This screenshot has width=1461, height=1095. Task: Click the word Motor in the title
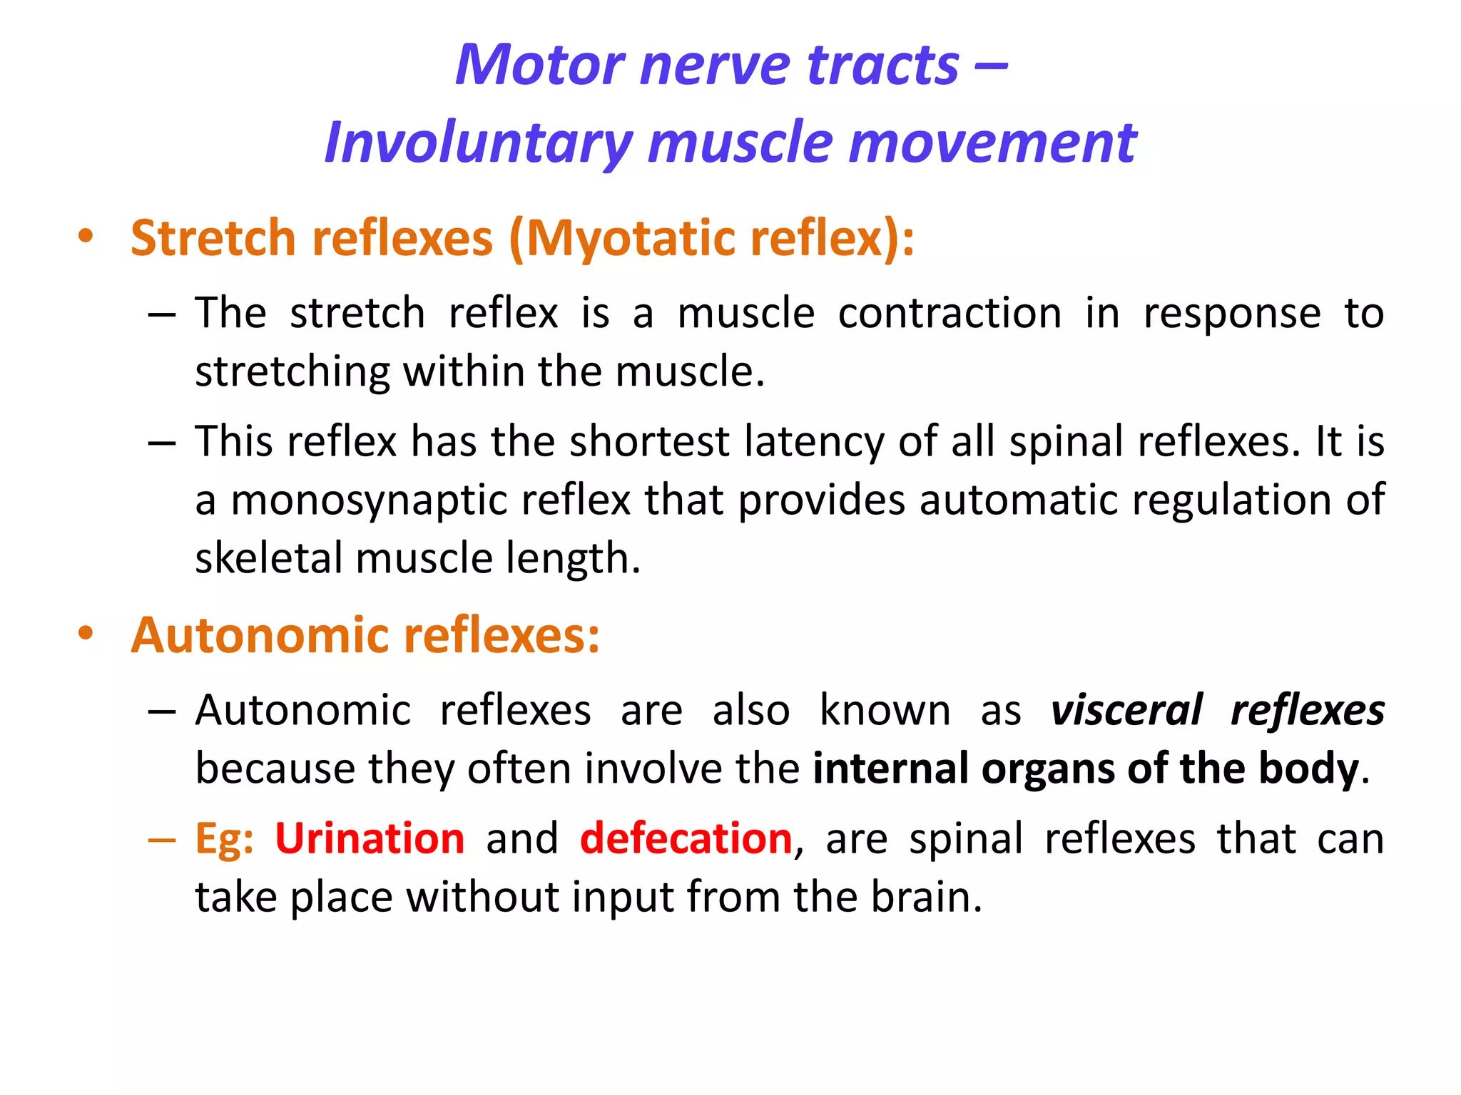pyautogui.click(x=539, y=65)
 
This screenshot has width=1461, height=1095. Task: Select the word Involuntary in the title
pyautogui.click(x=478, y=143)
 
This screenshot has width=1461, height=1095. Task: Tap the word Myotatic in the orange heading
pyautogui.click(x=628, y=238)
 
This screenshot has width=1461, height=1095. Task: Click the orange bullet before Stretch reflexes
pyautogui.click(x=86, y=237)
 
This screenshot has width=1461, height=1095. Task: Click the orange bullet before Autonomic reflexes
pyautogui.click(x=86, y=634)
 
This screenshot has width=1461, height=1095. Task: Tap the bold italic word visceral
pyautogui.click(x=1126, y=711)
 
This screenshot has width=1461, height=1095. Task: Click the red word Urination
pyautogui.click(x=370, y=838)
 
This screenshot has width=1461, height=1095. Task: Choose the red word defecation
pyautogui.click(x=686, y=838)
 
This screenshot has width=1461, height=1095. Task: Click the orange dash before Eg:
pyautogui.click(x=162, y=840)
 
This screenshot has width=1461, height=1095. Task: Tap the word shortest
pyautogui.click(x=648, y=441)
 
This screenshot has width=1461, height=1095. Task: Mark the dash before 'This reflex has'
pyautogui.click(x=162, y=443)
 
